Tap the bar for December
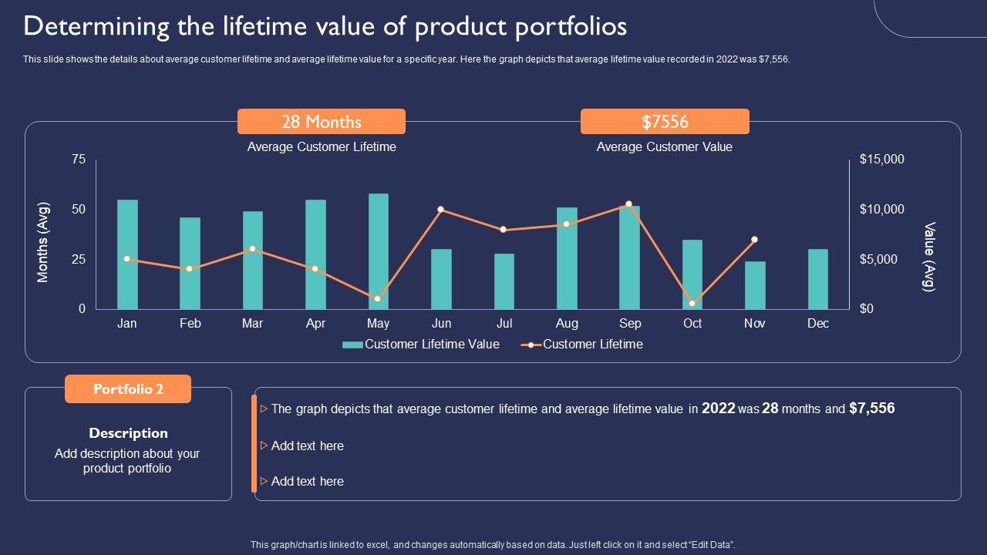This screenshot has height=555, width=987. [818, 279]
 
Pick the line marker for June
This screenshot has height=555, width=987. [440, 210]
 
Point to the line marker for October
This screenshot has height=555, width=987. [692, 303]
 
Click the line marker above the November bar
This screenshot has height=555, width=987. [754, 240]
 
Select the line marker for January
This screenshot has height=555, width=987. [127, 259]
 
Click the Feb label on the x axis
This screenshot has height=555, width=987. [190, 324]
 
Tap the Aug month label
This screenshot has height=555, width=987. [567, 324]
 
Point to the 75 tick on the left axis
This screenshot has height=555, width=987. [79, 160]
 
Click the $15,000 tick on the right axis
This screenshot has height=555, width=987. [881, 160]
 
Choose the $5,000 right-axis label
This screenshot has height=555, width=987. [878, 260]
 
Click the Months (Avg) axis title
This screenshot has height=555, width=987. [43, 242]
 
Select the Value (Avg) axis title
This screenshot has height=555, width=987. [929, 257]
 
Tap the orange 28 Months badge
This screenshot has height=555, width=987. [322, 122]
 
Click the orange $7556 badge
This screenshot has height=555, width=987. [665, 122]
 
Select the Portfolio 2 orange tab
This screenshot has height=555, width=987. [128, 389]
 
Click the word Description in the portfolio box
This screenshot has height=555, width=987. [128, 433]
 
